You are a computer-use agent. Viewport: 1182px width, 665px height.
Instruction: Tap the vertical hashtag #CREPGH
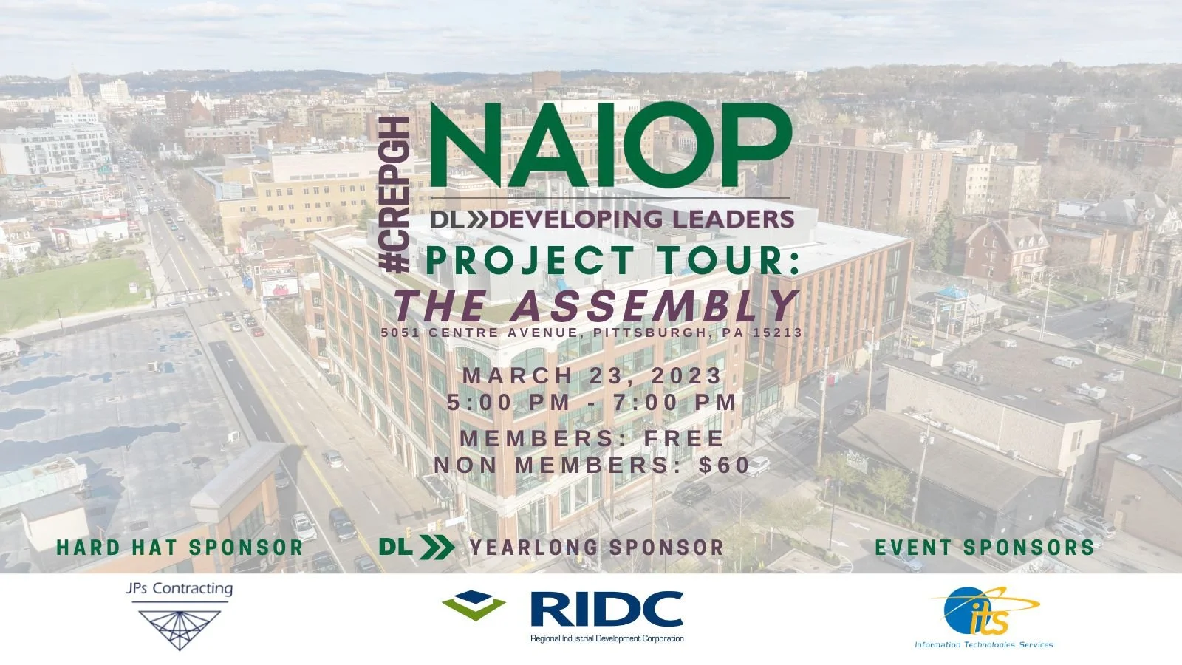point(397,195)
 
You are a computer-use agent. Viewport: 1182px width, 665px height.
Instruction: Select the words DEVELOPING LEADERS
point(643,219)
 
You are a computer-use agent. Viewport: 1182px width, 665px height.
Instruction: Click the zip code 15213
point(777,332)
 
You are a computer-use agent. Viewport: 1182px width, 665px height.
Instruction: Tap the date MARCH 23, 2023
point(592,375)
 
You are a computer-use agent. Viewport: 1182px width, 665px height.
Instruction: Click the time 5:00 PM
point(509,403)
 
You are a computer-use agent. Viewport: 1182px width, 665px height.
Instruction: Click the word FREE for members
point(684,438)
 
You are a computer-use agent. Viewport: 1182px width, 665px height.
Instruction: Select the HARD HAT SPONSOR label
point(180,548)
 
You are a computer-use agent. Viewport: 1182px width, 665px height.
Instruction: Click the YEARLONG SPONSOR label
point(597,548)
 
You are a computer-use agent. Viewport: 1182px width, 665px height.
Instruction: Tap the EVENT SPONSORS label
point(984,548)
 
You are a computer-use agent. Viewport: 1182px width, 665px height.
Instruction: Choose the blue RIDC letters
point(607,610)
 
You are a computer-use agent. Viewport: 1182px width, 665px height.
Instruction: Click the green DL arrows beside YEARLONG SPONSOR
point(417,547)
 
